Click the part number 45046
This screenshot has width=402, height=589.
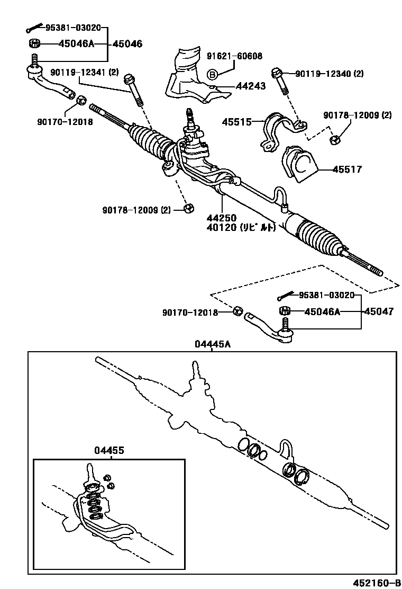(x=127, y=44)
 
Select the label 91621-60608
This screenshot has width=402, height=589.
(x=234, y=56)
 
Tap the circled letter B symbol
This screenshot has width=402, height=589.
(x=211, y=74)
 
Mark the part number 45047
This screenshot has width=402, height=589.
(x=378, y=311)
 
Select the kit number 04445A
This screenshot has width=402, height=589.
(x=212, y=344)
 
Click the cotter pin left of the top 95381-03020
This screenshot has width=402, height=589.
(x=34, y=29)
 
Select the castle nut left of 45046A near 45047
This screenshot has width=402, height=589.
(x=284, y=311)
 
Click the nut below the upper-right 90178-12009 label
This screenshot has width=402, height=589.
(x=334, y=140)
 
